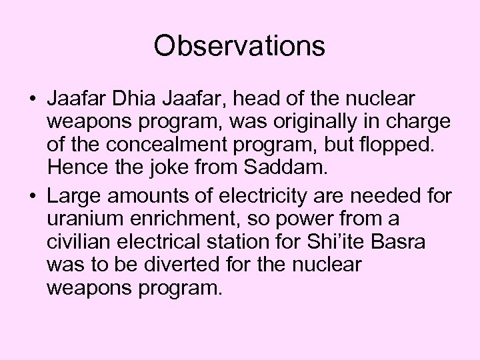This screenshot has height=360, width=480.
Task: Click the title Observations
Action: [239, 46]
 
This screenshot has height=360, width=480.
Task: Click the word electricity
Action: [259, 197]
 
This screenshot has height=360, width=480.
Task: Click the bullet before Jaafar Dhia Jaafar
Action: [32, 100]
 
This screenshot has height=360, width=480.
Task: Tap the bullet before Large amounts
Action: [32, 198]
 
